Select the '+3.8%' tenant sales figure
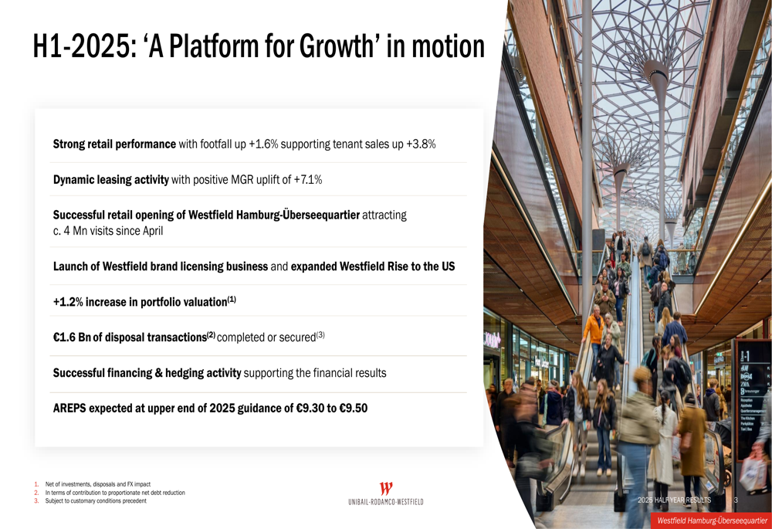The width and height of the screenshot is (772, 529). tap(421, 144)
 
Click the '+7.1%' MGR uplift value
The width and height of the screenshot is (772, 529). tap(306, 180)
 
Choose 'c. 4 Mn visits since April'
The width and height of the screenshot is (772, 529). tap(108, 230)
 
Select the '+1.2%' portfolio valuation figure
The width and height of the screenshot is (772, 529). tap(68, 302)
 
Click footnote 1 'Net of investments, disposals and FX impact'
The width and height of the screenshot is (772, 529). tap(97, 484)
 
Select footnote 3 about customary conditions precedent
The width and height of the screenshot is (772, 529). tap(96, 501)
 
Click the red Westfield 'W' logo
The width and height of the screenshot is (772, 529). tap(386, 489)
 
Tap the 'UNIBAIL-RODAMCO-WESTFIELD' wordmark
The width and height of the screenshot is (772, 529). tap(386, 502)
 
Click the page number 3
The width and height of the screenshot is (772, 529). tap(736, 500)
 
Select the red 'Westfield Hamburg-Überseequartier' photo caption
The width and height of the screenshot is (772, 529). tap(712, 521)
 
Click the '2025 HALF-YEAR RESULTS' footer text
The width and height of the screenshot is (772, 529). tap(674, 500)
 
